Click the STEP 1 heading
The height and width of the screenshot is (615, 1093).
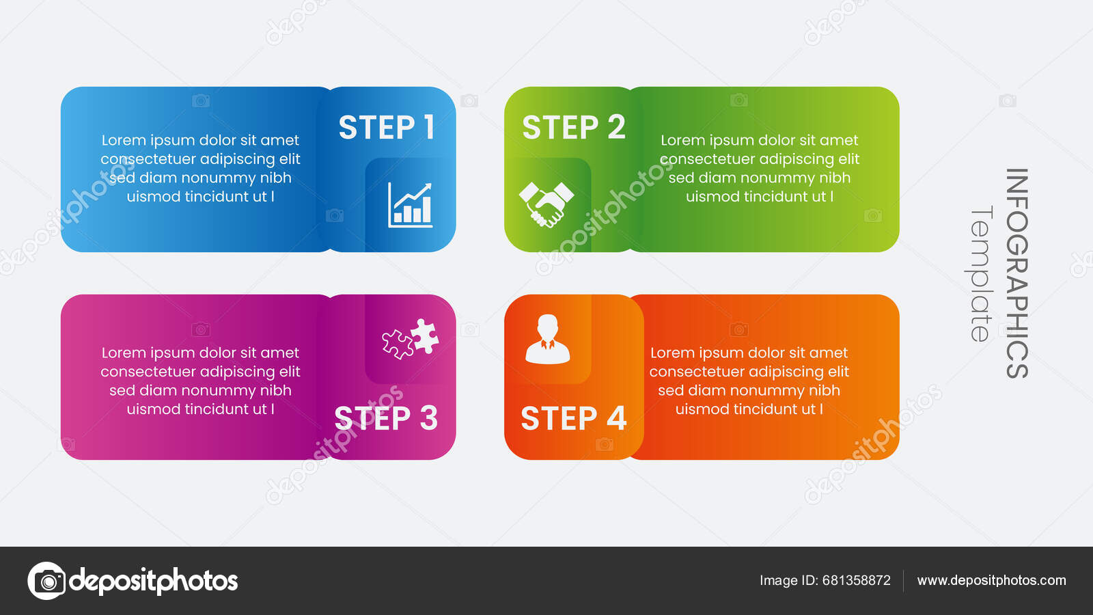point(387,128)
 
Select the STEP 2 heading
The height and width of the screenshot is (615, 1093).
point(573,128)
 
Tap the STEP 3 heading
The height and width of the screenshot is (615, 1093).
point(386,418)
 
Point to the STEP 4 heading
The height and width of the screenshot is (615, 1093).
point(573,418)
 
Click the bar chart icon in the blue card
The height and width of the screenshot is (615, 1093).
point(410,204)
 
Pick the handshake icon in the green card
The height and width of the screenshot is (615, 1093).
point(546,204)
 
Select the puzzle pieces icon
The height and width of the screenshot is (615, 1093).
point(411,338)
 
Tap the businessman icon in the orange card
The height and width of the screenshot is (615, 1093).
point(547,339)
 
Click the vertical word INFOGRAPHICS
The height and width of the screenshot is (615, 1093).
point(1016,273)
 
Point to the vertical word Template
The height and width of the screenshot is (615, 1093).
point(981,273)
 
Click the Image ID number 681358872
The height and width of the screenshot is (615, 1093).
point(856,580)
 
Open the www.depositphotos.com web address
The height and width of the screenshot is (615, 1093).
point(991,580)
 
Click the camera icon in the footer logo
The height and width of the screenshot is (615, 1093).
point(47,581)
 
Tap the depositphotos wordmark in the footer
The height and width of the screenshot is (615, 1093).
point(154,581)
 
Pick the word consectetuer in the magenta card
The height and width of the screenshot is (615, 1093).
point(140,372)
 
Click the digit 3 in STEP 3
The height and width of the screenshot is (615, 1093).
point(428,418)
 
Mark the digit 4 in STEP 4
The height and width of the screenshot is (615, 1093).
point(616,418)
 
